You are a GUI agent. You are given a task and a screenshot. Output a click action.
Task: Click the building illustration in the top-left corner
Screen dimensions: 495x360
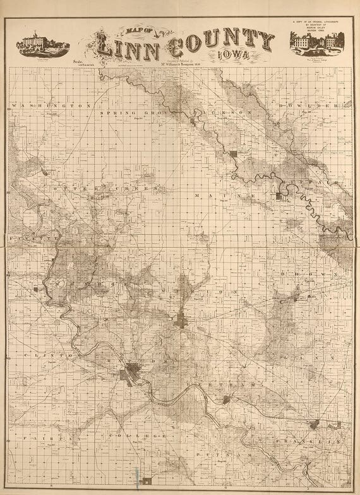pos(42,44)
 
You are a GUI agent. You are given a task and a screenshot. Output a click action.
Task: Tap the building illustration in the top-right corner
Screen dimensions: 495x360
pos(316,42)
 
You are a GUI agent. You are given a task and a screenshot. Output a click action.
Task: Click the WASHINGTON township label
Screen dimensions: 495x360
pos(51,105)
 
